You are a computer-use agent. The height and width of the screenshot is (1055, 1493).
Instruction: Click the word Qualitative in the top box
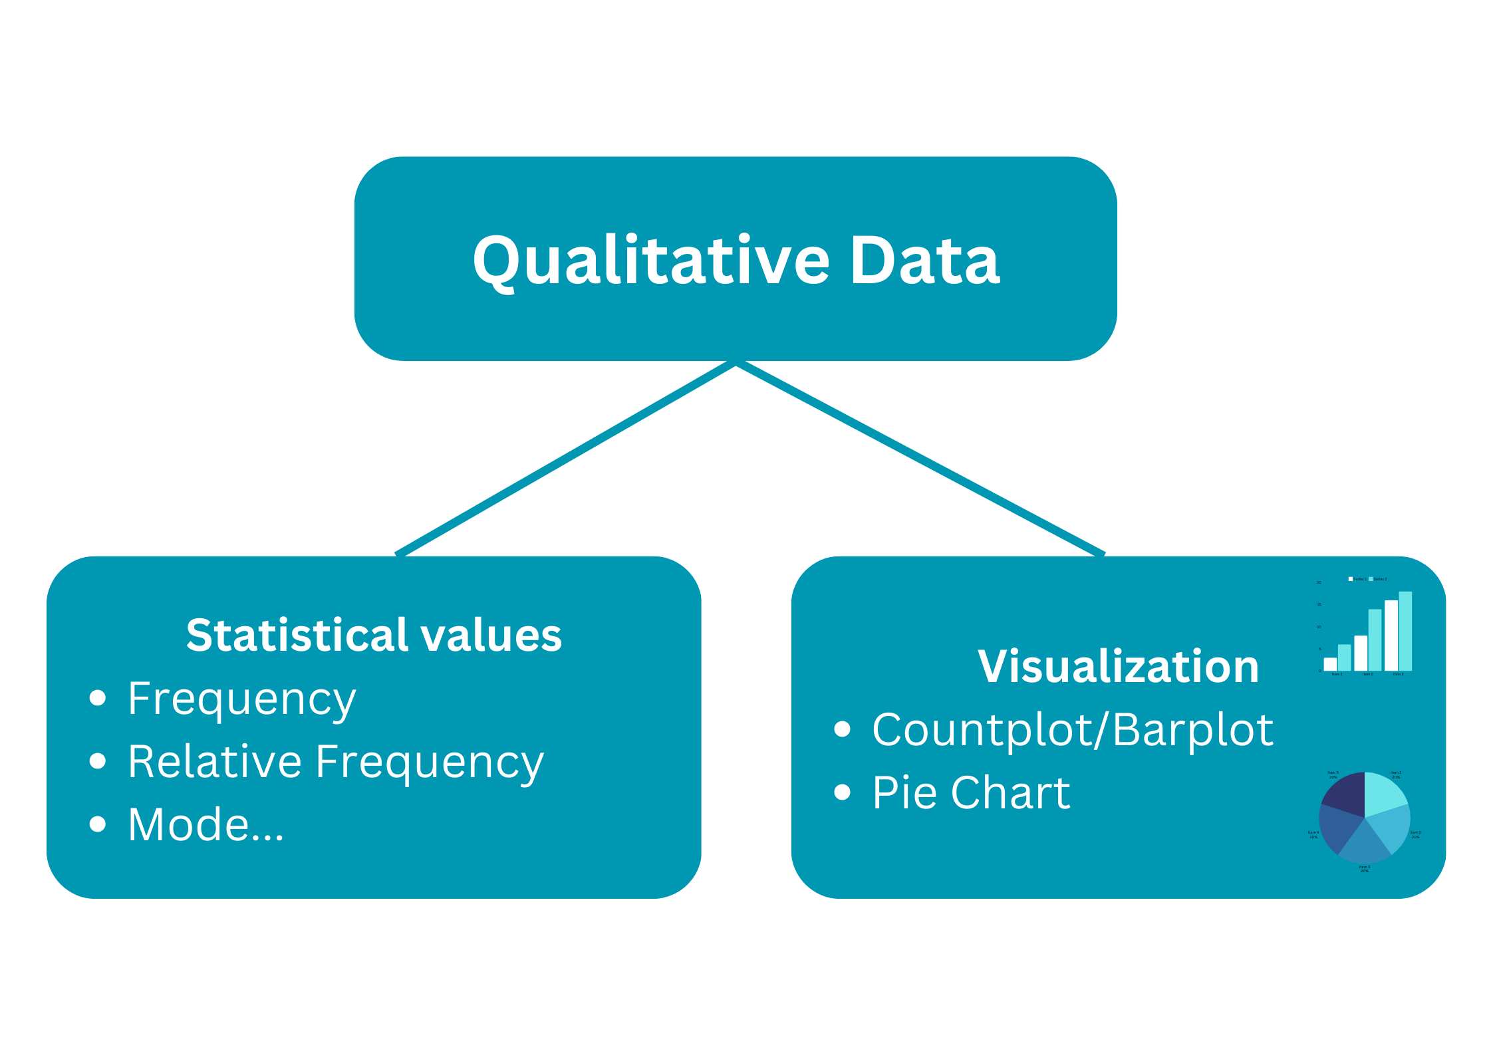point(650,260)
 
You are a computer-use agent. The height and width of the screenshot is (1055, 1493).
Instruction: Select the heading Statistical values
point(374,635)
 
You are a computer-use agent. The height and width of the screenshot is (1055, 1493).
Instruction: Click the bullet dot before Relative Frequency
point(98,761)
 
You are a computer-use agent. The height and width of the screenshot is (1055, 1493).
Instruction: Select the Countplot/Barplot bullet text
point(1072,729)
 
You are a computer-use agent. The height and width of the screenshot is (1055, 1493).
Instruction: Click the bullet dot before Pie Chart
point(842,792)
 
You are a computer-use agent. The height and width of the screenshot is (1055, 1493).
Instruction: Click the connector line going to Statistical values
point(565,459)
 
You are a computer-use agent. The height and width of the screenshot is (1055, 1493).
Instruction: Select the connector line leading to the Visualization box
point(921,459)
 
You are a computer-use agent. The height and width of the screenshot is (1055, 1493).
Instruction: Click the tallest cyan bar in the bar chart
point(1405,631)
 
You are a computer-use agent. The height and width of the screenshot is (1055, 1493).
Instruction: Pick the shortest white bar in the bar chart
point(1330,663)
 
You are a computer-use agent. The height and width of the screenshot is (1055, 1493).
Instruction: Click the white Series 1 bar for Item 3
point(1391,635)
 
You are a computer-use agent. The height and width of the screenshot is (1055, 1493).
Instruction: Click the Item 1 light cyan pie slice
point(1383,793)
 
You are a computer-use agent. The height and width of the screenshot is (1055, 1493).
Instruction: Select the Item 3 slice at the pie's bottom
point(1364,844)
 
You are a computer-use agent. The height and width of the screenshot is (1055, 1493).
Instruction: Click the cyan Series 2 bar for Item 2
point(1375,640)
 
